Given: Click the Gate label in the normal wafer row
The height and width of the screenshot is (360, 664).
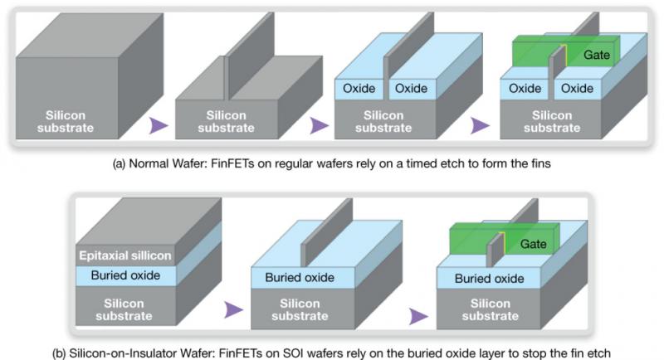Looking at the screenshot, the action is click(x=596, y=55).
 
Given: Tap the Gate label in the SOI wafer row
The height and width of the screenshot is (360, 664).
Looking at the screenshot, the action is click(x=533, y=244).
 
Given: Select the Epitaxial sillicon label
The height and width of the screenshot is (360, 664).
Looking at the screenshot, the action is click(x=125, y=255).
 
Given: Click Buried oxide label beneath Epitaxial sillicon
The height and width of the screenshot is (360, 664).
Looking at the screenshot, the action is click(x=125, y=275).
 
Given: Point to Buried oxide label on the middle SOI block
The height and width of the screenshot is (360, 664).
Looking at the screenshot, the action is click(x=300, y=278).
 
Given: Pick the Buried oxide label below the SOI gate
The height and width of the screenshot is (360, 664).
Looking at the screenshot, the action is click(x=489, y=279).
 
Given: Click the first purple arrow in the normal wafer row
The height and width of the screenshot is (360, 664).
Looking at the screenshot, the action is click(x=159, y=125).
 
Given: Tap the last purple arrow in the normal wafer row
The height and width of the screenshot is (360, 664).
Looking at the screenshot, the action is click(x=480, y=125).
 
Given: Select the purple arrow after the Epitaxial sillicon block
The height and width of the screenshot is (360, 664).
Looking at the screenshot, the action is click(x=233, y=309).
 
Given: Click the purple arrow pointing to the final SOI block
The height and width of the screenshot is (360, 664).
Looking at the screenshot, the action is click(x=418, y=316).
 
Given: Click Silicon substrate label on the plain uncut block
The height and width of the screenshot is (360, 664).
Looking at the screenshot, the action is click(x=66, y=121).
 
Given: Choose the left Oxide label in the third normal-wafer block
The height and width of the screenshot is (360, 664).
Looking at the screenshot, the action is click(x=359, y=89).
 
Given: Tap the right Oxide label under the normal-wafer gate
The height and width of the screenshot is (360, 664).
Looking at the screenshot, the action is click(x=577, y=89).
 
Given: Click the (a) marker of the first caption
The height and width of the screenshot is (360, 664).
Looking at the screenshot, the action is click(x=119, y=163).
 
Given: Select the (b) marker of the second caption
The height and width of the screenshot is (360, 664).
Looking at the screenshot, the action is click(x=59, y=353).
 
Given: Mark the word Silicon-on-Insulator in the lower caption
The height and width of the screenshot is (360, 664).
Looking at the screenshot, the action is click(x=123, y=353).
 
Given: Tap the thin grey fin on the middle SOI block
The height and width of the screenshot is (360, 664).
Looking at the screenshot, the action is click(x=326, y=232).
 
